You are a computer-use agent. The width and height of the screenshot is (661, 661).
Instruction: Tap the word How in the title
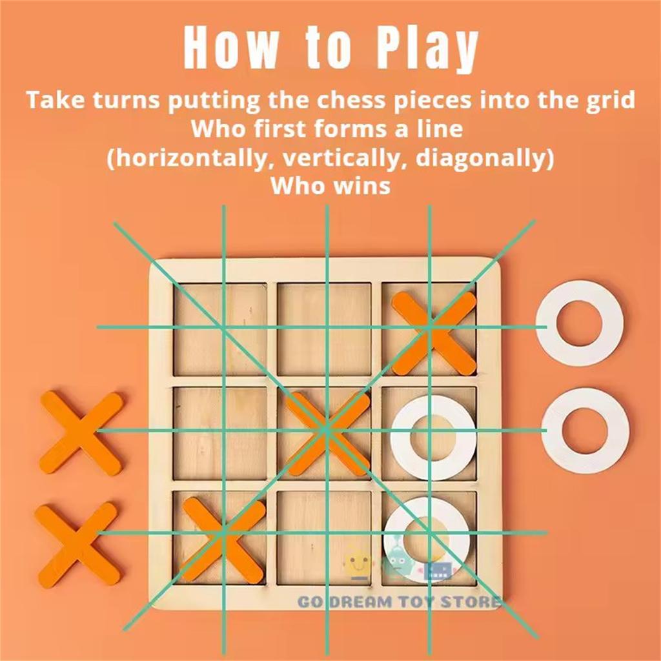pos(232,48)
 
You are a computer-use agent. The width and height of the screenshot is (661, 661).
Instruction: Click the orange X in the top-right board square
pos(433,332)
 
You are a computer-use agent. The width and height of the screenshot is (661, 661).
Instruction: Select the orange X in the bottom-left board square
pos(223,538)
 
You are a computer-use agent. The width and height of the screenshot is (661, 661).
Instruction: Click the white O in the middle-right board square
pos(432,436)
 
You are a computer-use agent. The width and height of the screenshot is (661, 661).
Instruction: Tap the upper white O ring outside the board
pos(579,323)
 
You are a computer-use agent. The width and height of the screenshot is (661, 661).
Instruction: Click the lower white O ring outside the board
pos(585,429)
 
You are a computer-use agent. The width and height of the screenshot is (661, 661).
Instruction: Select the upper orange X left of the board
pos(81,431)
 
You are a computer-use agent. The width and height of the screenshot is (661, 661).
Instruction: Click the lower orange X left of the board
pos(76,545)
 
